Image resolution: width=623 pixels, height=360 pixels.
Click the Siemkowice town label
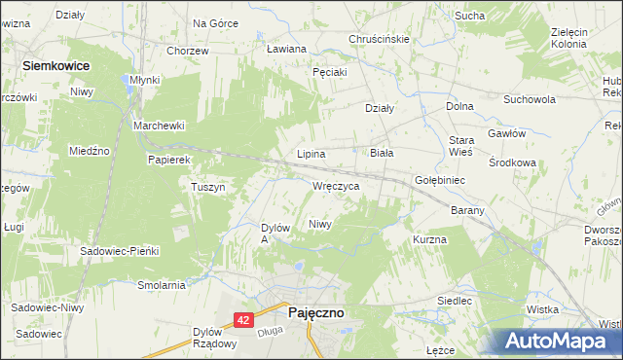click(56, 64)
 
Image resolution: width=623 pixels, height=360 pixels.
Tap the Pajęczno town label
click(315, 313)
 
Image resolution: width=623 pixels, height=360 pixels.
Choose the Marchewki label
click(159, 126)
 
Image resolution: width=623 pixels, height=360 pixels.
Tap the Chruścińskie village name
click(379, 39)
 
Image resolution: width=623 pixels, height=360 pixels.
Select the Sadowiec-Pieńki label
click(119, 250)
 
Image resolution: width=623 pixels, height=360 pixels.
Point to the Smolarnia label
click(162, 285)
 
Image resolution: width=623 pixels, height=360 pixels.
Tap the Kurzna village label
click(429, 239)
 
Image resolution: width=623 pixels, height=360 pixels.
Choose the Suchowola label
click(529, 99)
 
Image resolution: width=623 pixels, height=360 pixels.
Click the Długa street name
click(270, 331)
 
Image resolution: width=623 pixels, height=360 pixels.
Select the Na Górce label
click(215, 22)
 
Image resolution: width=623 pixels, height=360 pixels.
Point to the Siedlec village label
click(455, 302)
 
